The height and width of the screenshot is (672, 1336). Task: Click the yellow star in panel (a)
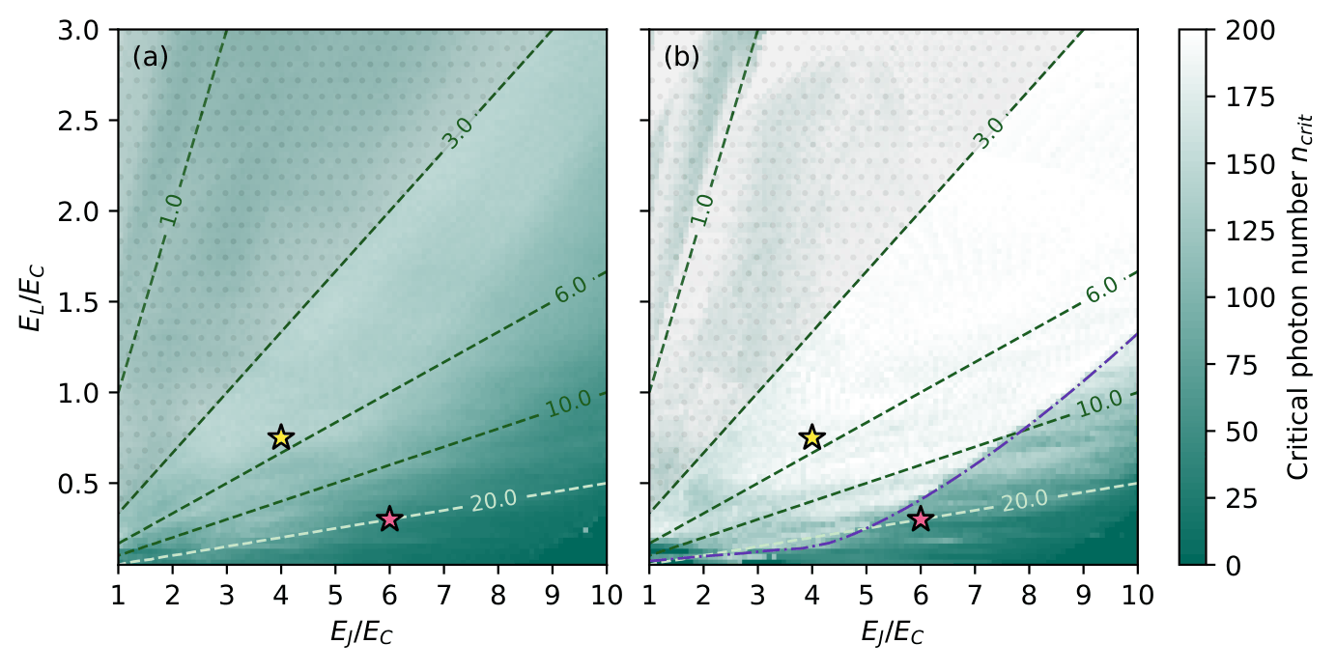280,437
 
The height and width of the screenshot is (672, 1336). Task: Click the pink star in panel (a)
389,519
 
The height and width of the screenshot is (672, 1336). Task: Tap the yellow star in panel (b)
811,437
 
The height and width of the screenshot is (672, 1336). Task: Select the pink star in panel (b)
921,519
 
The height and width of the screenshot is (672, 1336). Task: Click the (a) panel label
151,58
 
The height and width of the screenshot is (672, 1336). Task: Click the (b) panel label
682,58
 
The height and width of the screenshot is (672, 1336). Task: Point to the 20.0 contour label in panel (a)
494,500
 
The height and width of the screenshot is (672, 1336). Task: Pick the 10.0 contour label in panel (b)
1098,403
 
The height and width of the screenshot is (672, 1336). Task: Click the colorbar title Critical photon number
1299,297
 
